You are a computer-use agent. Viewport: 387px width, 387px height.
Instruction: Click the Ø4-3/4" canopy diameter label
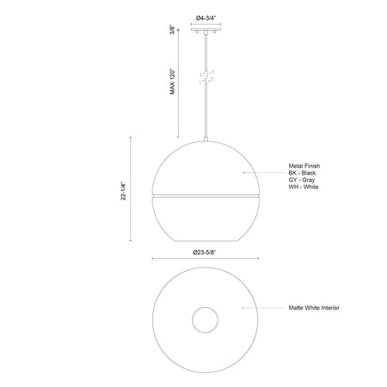(x=206, y=18)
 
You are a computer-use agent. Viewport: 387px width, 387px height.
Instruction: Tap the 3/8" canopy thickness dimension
(x=172, y=29)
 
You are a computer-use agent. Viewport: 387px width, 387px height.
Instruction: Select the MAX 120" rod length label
(x=172, y=82)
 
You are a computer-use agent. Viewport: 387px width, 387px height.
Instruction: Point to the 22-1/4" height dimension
(x=123, y=191)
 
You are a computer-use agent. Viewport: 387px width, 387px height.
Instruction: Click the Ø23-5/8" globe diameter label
(x=204, y=252)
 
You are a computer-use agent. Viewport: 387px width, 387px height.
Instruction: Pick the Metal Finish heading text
(x=304, y=166)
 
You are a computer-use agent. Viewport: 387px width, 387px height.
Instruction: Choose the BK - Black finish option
(x=302, y=173)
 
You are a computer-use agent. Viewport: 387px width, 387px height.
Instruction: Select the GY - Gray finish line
(x=302, y=180)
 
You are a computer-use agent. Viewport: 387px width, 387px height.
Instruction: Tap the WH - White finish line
(x=304, y=187)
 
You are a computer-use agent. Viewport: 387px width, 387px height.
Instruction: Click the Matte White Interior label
(x=314, y=308)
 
